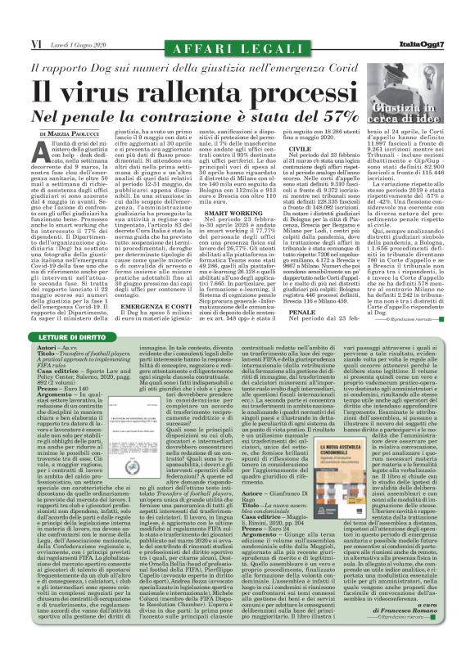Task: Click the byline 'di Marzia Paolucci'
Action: (x=73, y=133)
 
